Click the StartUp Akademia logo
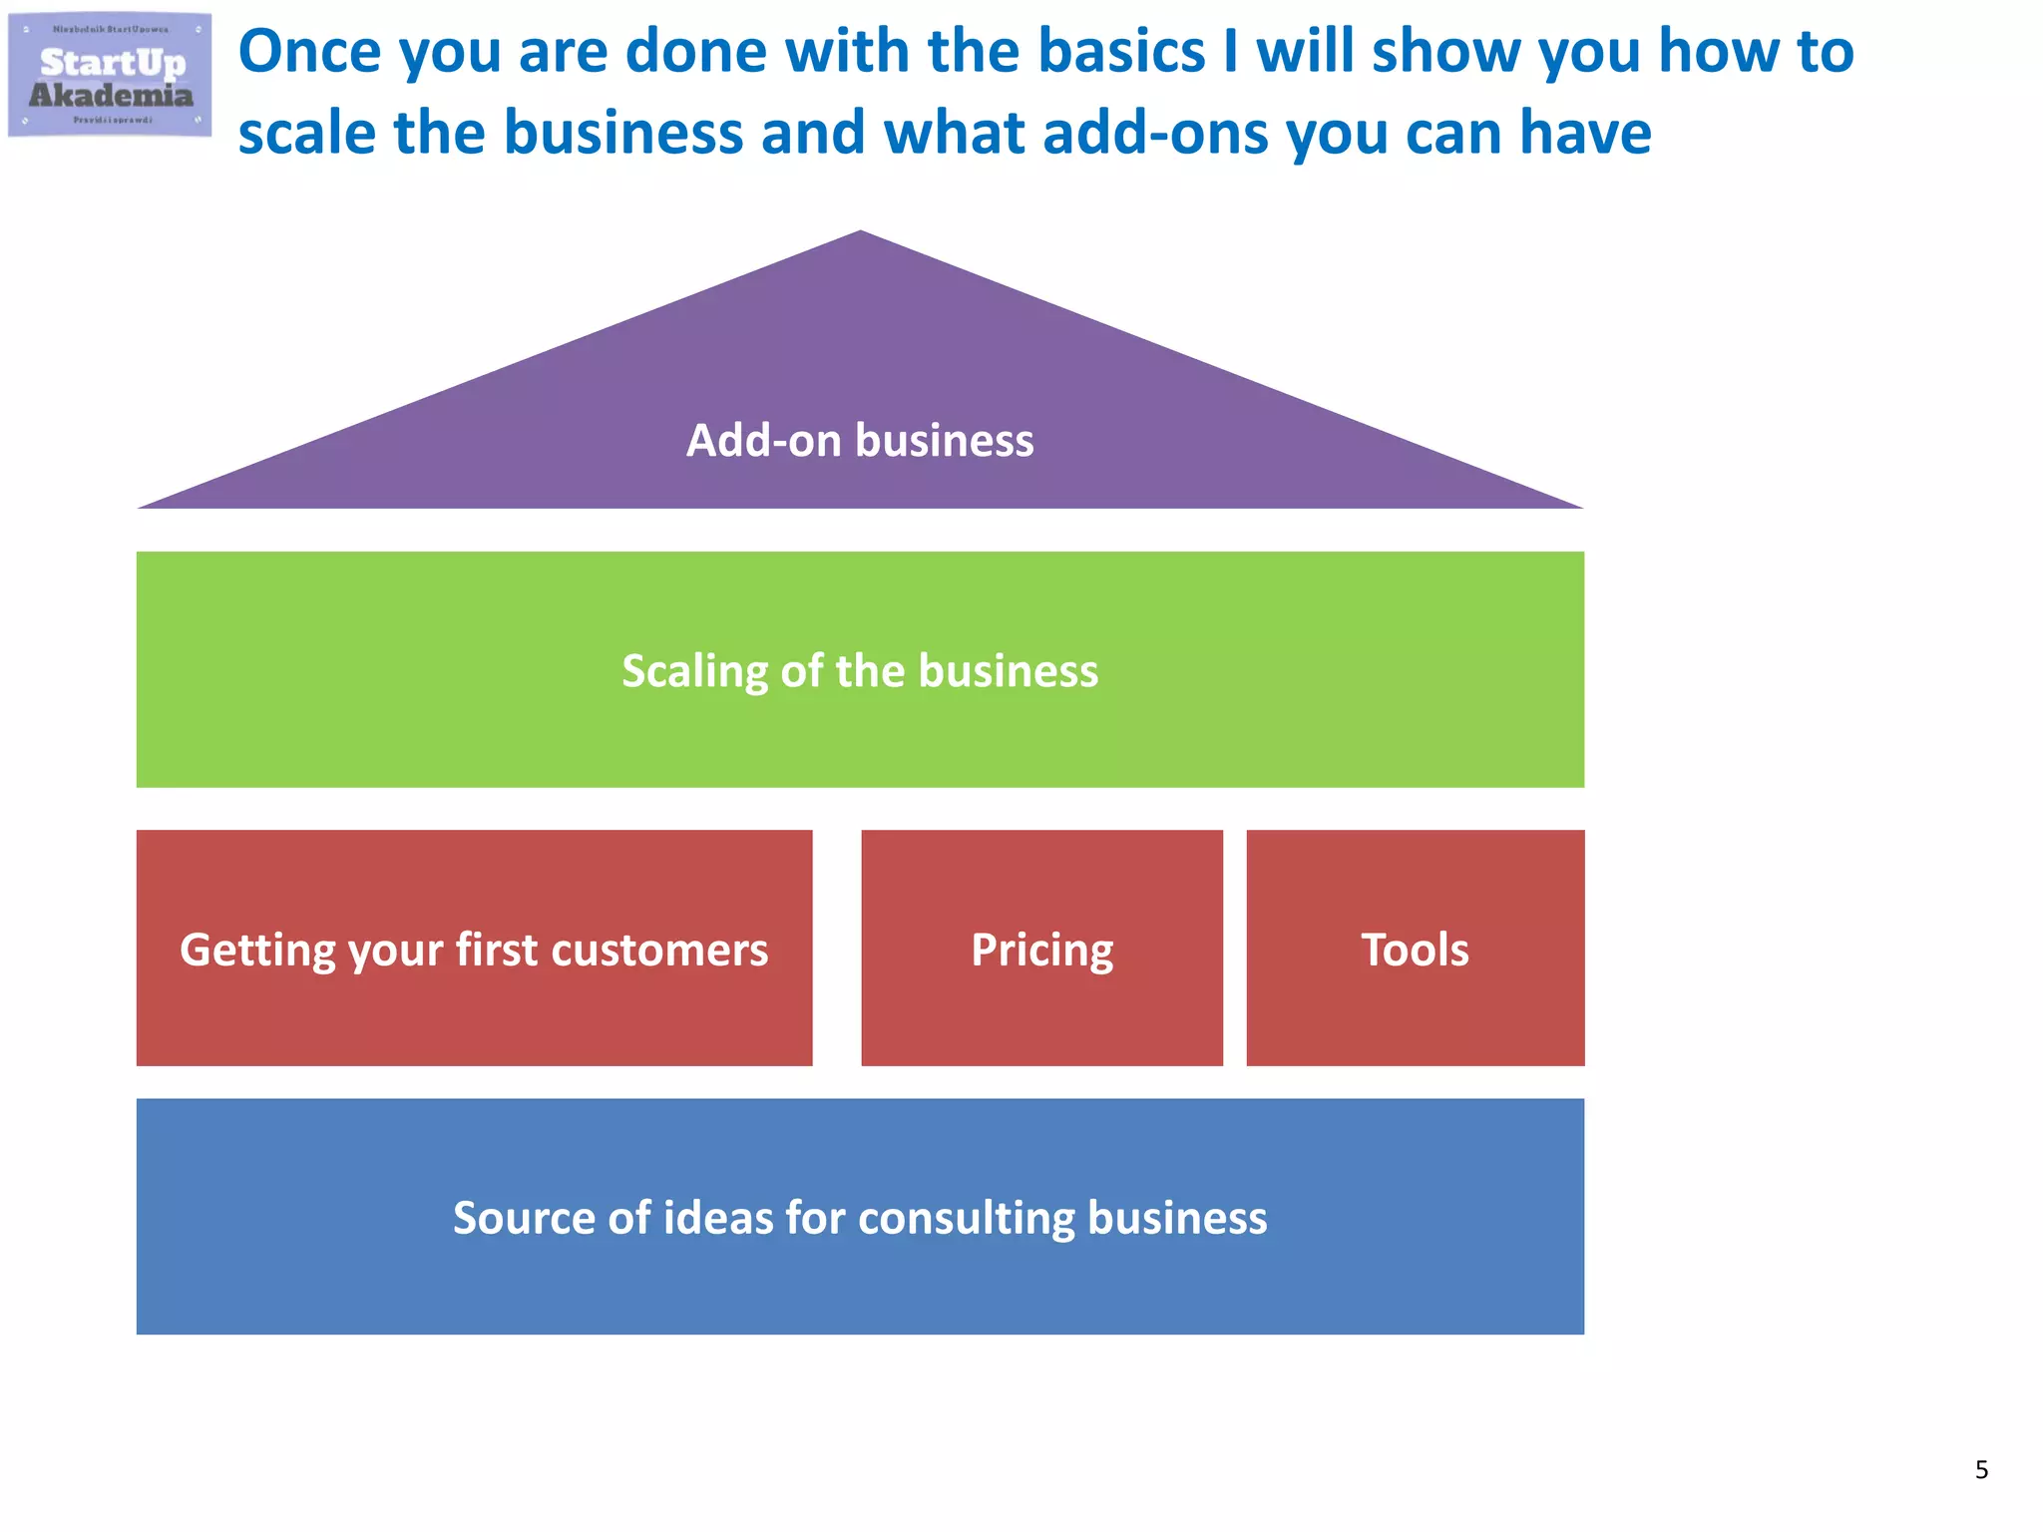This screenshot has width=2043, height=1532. pyautogui.click(x=110, y=75)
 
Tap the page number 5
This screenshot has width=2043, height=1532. pyautogui.click(x=1981, y=1469)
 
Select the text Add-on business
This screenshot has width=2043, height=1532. pyautogui.click(x=860, y=440)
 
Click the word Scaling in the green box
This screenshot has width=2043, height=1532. pyautogui.click(x=694, y=671)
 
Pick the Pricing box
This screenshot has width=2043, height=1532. pyautogui.click(x=1041, y=949)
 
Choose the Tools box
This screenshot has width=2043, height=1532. pyautogui.click(x=1415, y=949)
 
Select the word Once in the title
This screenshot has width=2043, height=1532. pyautogui.click(x=310, y=52)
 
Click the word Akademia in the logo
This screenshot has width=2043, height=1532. pyautogui.click(x=111, y=96)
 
